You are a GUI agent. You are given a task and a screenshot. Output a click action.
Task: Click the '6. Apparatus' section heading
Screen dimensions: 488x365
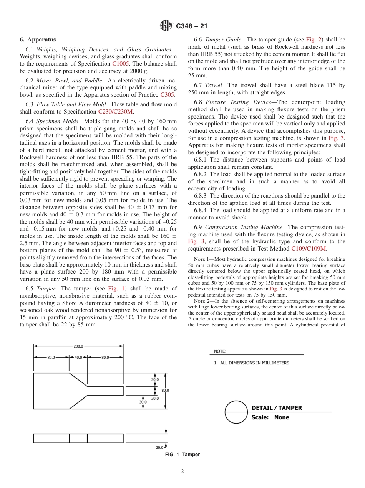point(38,40)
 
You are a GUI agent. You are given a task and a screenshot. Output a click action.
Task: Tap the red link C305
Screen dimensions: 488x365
point(168,95)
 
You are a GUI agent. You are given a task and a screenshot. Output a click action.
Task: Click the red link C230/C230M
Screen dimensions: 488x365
point(116,112)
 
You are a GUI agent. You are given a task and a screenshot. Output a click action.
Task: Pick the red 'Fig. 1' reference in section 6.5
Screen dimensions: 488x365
point(115,288)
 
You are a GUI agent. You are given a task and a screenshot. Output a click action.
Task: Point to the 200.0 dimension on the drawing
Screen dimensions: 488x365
point(78,346)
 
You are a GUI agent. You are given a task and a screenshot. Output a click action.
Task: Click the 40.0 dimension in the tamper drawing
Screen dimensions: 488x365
point(78,357)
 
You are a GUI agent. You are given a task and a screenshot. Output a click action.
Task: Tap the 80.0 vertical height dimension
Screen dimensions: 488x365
point(165,390)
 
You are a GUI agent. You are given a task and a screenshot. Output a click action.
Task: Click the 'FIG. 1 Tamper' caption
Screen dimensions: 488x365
point(182,455)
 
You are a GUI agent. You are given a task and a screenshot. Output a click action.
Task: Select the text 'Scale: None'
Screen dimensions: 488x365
point(270,417)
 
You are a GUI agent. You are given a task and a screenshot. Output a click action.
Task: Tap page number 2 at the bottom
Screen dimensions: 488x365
point(182,472)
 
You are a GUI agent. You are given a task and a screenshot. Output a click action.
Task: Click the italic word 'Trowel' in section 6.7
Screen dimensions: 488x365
point(214,85)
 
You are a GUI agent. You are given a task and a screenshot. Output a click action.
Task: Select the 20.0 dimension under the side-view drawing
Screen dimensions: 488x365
point(159,447)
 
